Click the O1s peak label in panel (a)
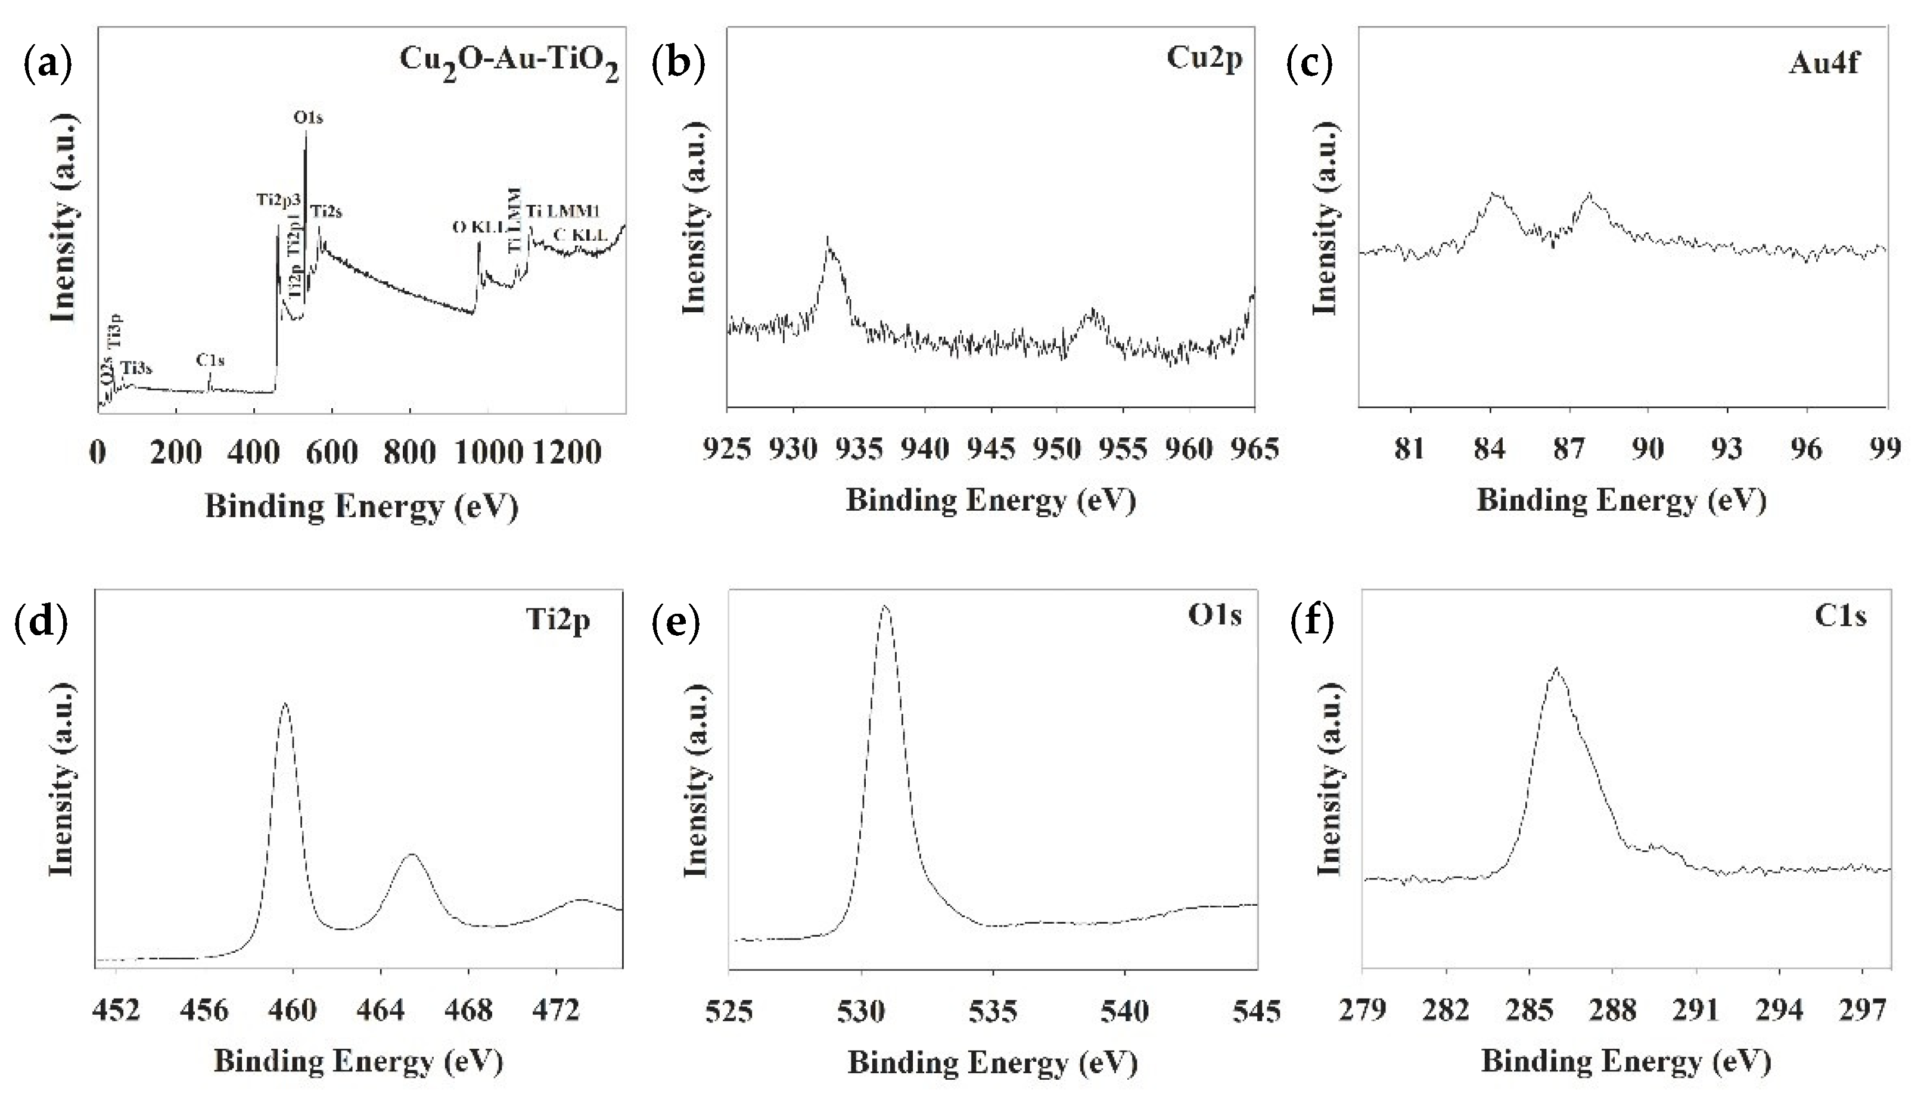[x=307, y=117]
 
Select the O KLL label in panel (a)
[x=478, y=227]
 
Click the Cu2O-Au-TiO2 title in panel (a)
[x=509, y=62]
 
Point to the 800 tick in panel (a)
[x=409, y=452]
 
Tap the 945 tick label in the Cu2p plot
[x=992, y=450]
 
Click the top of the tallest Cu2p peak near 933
[x=828, y=240]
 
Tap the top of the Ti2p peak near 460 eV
[x=285, y=704]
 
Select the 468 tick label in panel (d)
[x=468, y=1009]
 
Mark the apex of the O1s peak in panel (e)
[x=886, y=606]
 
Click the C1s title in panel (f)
[x=1839, y=616]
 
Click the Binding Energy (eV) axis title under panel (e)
[x=992, y=1062]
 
